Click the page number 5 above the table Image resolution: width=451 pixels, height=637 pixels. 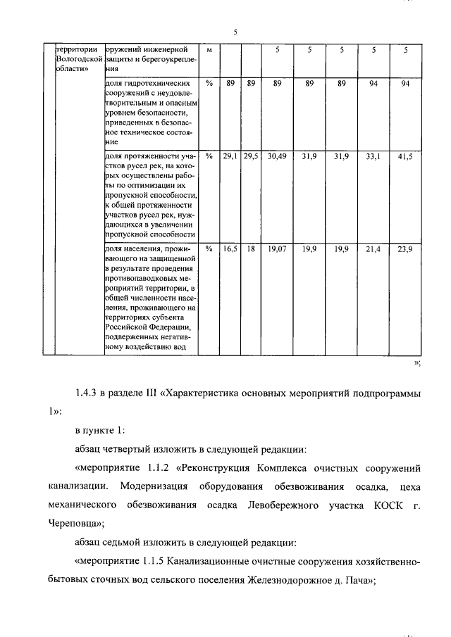point(235,31)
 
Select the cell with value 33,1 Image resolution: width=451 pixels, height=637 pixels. point(373,157)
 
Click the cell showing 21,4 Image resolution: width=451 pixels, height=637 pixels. point(373,249)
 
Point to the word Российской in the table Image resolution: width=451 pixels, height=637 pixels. point(130,327)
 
